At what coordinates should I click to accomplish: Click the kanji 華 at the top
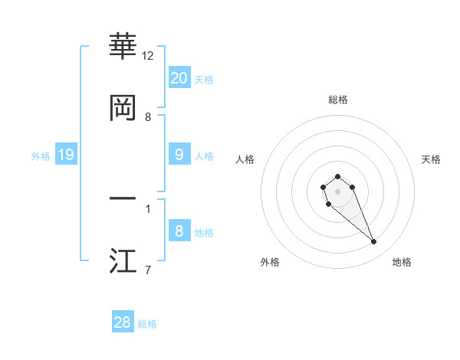[123, 47]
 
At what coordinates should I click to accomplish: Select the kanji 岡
[123, 108]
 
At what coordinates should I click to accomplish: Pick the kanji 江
[123, 260]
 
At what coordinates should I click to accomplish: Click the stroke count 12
[148, 56]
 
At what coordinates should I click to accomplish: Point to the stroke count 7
[148, 270]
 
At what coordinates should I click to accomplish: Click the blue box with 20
[179, 78]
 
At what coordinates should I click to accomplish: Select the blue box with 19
[65, 155]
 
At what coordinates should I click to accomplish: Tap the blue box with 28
[123, 323]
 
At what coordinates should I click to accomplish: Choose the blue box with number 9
[179, 155]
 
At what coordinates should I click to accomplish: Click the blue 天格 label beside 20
[204, 80]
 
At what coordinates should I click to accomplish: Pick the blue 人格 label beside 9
[204, 156]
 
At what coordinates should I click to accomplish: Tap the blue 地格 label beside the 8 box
[204, 233]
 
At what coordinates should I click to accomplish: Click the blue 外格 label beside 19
[41, 156]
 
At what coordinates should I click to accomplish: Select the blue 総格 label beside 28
[147, 324]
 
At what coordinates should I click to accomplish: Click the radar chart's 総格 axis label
[338, 100]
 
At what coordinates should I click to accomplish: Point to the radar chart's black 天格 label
[431, 159]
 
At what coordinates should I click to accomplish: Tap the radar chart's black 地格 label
[402, 262]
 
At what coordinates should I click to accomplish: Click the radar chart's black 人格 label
[245, 159]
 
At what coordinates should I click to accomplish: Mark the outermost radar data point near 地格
[374, 242]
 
